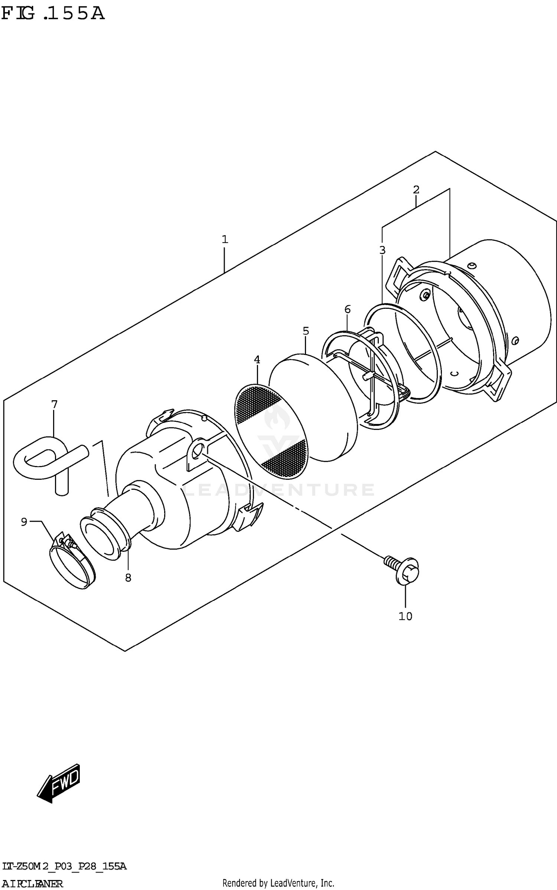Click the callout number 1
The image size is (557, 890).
[225, 240]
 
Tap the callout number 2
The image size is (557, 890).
[416, 190]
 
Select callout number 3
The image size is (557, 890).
[382, 250]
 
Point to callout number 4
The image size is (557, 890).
[257, 360]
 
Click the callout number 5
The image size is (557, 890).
[306, 331]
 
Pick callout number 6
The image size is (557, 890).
[348, 309]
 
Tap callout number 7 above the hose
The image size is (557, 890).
[54, 404]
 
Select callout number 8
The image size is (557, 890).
[128, 577]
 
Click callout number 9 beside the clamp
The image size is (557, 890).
[24, 522]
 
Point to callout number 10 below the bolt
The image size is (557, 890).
[405, 616]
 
